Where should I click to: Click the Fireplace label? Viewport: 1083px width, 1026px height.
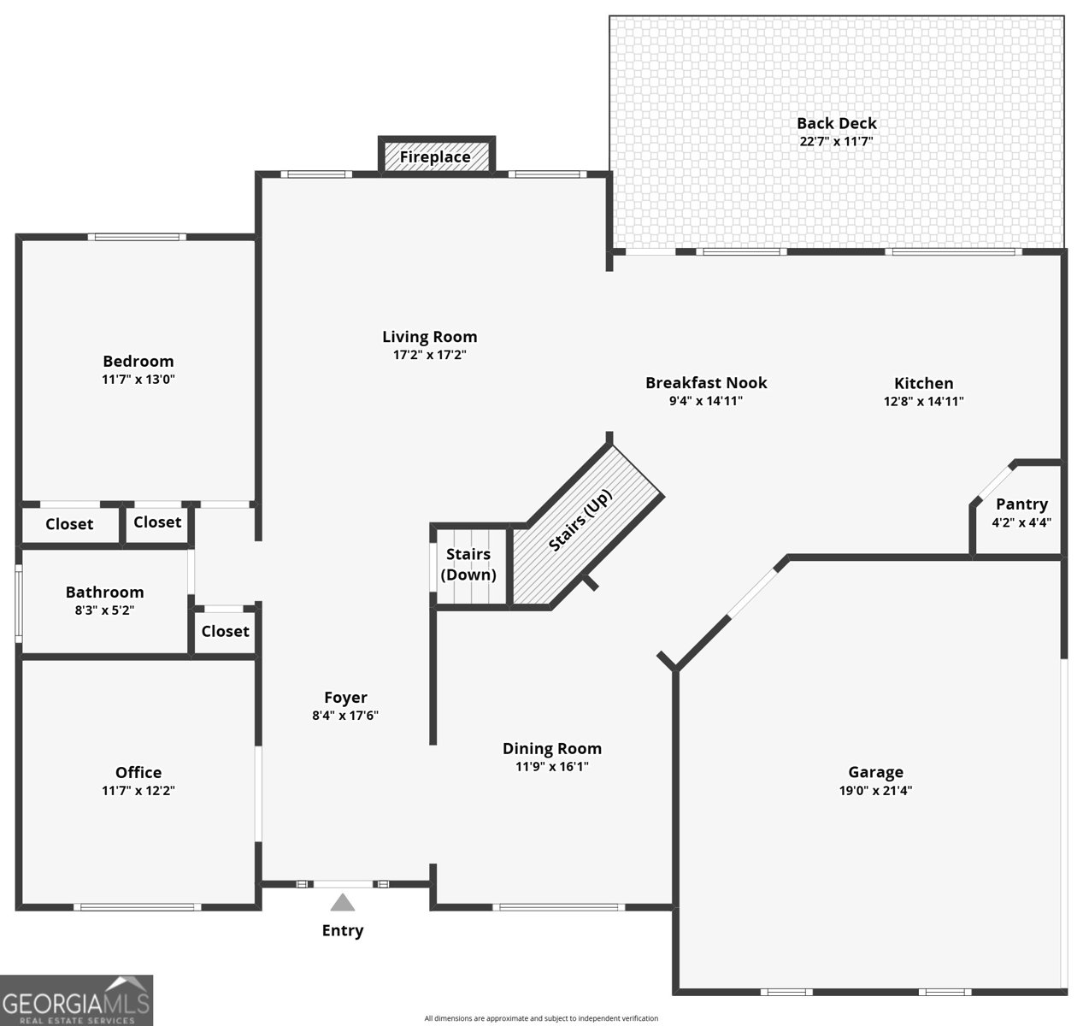pos(434,157)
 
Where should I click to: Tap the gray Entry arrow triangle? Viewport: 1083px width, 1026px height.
pos(342,903)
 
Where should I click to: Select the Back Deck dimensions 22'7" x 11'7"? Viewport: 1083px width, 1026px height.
pos(836,142)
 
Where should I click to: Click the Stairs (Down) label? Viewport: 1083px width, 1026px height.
pos(468,564)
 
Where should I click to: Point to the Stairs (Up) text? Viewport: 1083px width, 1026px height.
pos(580,520)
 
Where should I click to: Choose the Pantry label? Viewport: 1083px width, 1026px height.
pos(1021,504)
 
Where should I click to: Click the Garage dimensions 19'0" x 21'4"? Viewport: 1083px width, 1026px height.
pos(875,790)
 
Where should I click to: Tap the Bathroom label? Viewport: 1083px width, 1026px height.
pos(104,592)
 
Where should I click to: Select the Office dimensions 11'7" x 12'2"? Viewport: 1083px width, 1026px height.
pos(138,790)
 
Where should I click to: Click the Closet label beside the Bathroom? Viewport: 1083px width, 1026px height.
pos(225,631)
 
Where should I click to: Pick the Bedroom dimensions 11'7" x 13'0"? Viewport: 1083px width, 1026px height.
pos(138,379)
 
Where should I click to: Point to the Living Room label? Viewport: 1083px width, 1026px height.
pos(430,337)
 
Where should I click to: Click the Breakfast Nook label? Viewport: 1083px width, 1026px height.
pos(706,382)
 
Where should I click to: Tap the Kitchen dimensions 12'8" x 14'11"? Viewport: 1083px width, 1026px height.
pos(924,401)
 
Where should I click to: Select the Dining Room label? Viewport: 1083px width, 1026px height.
pos(552,748)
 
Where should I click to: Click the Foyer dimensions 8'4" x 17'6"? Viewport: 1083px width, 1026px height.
pos(345,716)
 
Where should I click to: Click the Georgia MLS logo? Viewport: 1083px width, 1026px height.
pos(76,1000)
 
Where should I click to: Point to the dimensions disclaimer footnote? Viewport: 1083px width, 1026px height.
pos(541,1018)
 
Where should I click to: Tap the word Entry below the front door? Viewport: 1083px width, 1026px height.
pos(343,931)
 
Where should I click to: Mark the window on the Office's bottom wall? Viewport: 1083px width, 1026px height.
pos(138,907)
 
